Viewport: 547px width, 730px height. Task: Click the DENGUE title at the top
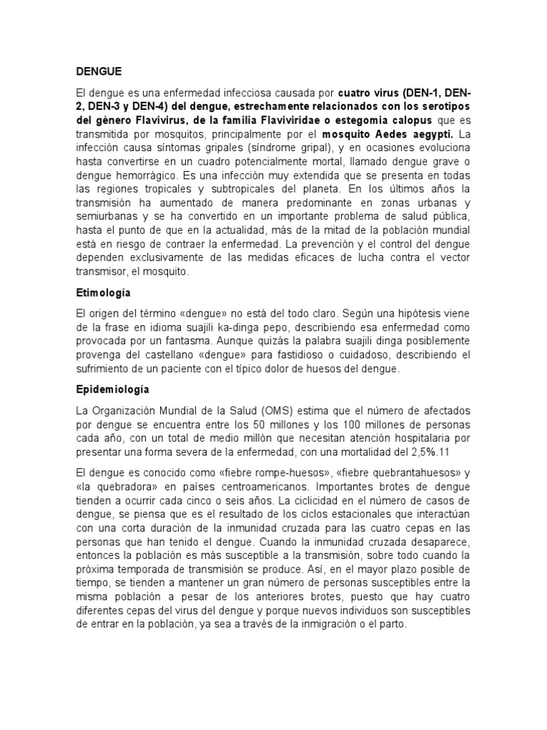tap(99, 71)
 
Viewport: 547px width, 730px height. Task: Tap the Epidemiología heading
tap(113, 390)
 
